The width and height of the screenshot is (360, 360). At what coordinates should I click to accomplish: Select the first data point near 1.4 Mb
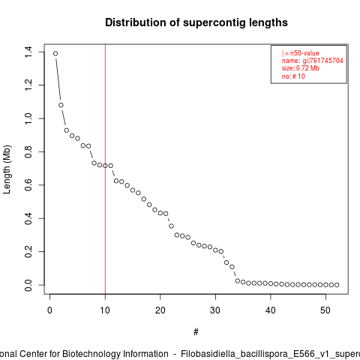click(55, 53)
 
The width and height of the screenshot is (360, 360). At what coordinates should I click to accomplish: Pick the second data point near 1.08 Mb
click(61, 105)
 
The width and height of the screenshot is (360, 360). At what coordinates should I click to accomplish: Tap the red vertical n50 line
click(105, 169)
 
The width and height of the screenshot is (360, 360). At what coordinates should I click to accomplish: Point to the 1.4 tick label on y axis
click(28, 52)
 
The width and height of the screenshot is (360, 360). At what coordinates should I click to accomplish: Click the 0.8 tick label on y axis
click(28, 151)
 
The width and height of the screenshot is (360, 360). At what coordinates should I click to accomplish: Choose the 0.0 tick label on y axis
click(28, 285)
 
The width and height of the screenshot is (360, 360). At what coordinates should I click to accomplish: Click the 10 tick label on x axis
click(105, 310)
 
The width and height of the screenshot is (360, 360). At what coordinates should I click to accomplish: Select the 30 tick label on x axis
click(215, 310)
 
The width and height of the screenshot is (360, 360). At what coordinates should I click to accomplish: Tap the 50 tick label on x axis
click(325, 310)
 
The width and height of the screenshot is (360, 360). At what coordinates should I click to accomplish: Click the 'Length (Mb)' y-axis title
click(7, 169)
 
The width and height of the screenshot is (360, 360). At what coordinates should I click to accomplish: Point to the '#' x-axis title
click(196, 332)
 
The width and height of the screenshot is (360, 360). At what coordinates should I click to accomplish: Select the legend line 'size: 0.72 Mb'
click(301, 68)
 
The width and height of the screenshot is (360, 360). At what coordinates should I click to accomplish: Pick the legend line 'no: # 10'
click(293, 76)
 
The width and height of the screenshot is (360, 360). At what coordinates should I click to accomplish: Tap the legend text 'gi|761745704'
click(323, 61)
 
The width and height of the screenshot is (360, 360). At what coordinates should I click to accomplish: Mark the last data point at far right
click(337, 285)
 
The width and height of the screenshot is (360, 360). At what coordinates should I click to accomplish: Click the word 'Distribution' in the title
click(136, 22)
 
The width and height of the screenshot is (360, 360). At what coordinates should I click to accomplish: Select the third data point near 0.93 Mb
click(67, 130)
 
